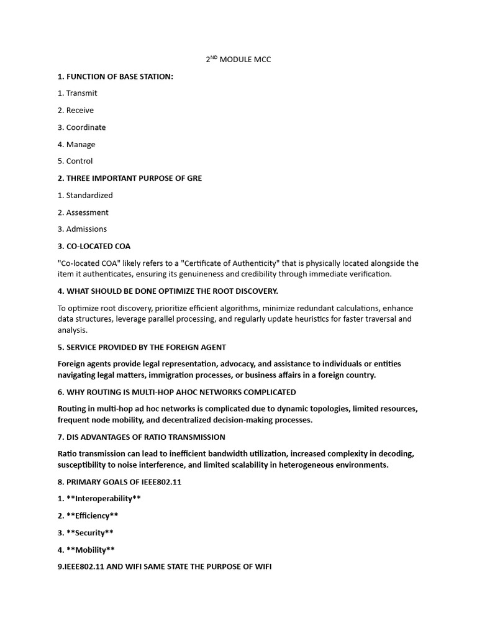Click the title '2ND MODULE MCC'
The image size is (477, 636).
(238, 60)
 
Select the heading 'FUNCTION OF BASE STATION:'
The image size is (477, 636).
(116, 76)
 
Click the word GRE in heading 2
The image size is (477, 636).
(194, 178)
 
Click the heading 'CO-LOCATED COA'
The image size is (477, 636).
(94, 246)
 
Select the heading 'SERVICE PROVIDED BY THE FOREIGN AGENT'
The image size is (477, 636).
(142, 347)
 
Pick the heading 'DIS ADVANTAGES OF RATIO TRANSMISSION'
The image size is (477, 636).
(141, 437)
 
